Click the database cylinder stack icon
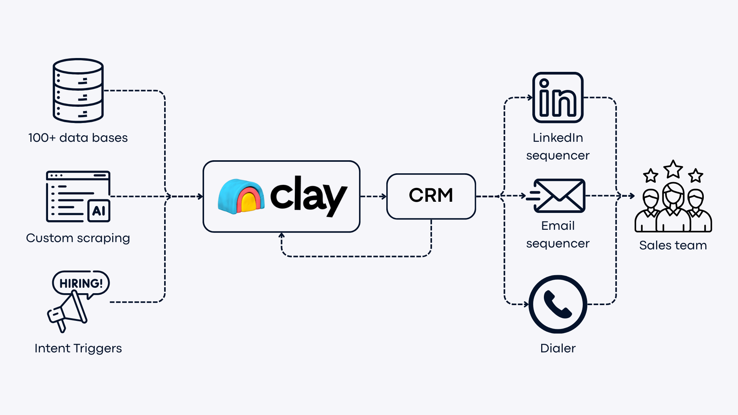point(78,91)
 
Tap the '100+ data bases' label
point(78,138)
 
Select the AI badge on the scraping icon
point(99,211)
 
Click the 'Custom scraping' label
point(78,238)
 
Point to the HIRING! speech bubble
point(81,283)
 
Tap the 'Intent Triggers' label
point(78,348)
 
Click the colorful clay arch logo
point(241,196)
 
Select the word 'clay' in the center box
point(309,196)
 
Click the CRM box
point(431,196)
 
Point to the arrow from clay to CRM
point(374,196)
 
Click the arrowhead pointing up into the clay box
point(282,235)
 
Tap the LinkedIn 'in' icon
point(558,98)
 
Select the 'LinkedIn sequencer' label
point(558,146)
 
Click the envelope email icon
point(559,196)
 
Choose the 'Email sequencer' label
point(558,234)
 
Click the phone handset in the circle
point(558,304)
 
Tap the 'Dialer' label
point(558,348)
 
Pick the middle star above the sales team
point(673,169)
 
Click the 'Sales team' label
point(673,245)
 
